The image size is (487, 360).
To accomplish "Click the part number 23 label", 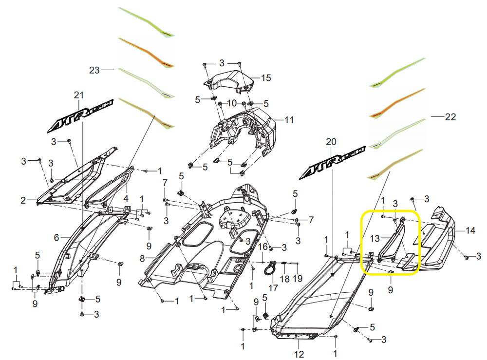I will tap(94, 70).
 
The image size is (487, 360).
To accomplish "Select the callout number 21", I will tap(79, 95).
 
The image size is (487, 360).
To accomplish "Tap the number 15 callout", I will tap(266, 77).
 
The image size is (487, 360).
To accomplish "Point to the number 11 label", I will tap(289, 119).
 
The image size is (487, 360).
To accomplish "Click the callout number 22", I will tap(450, 117).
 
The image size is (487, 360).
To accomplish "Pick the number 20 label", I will tap(331, 142).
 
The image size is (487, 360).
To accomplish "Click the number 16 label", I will tap(262, 247).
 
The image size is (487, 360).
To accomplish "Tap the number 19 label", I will tap(298, 279).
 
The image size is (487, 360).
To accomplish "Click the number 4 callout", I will tap(126, 199).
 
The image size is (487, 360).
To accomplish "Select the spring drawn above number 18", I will tap(284, 265).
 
